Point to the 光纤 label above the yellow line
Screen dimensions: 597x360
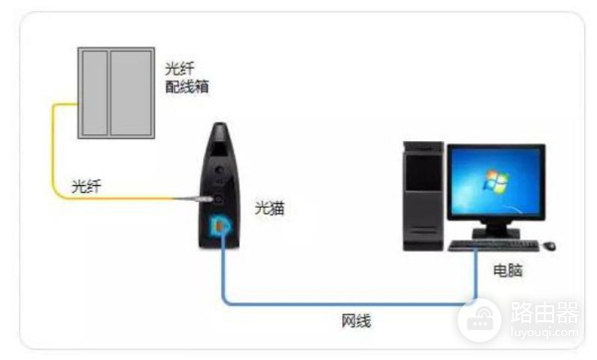[87, 185]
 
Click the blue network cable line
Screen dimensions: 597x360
[348, 302]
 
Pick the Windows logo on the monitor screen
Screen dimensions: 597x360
[491, 182]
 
